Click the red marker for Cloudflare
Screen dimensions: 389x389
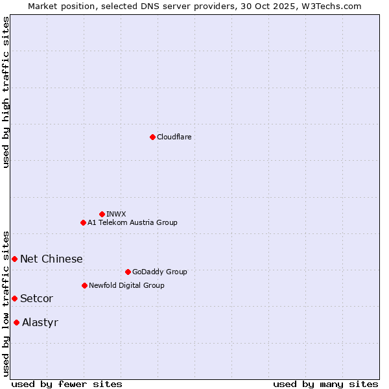point(152,137)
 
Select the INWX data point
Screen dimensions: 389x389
point(102,214)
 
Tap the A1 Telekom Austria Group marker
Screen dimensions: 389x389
point(83,222)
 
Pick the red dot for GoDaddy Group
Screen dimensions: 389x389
point(128,272)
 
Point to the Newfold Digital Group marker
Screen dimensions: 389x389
point(84,285)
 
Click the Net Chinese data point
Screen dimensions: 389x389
point(14,259)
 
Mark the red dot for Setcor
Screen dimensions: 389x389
point(14,298)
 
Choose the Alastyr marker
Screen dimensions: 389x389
point(16,322)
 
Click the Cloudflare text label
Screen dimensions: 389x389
point(174,137)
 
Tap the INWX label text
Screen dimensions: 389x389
point(117,214)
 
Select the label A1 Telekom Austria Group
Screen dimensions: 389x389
point(132,222)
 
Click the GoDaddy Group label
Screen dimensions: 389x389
point(159,272)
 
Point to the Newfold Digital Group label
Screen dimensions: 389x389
point(126,285)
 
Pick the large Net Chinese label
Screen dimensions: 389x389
point(51,259)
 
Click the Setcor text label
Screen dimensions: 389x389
point(36,298)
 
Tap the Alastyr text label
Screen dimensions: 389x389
point(40,322)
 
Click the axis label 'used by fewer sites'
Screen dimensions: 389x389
point(67,384)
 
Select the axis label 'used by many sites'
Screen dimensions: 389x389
point(325,384)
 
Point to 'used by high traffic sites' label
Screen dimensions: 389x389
point(6,92)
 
